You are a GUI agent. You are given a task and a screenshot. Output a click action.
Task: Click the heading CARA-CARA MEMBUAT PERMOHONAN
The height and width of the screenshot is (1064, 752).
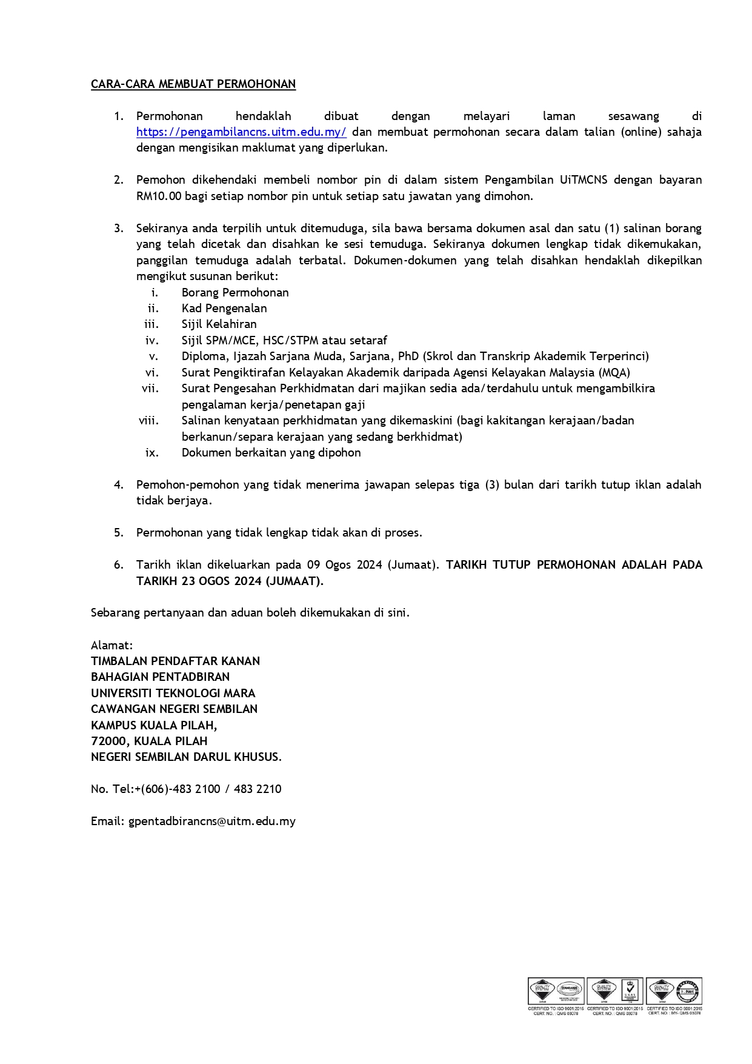[193, 84]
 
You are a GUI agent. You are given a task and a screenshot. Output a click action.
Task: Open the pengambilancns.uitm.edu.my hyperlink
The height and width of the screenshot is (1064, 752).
[241, 132]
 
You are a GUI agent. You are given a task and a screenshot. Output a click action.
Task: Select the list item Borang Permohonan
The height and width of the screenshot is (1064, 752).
[235, 293]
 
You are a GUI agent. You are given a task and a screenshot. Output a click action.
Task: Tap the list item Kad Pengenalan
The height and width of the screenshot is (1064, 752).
[224, 309]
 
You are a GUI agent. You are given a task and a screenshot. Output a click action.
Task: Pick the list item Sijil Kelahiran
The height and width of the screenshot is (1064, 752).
[219, 324]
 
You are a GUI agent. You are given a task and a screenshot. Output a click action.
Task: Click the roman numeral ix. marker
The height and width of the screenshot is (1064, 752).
[151, 453]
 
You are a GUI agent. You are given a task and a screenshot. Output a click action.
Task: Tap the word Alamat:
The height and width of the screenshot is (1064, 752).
[112, 646]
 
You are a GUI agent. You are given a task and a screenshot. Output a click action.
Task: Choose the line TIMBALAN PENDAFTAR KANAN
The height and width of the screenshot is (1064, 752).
[175, 661]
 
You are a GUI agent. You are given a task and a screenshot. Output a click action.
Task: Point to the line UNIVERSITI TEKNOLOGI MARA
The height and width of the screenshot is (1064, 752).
[173, 694]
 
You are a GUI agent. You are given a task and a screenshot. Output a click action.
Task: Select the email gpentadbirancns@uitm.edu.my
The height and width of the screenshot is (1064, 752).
[212, 821]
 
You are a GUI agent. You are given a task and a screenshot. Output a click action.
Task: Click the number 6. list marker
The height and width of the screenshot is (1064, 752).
[119, 565]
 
